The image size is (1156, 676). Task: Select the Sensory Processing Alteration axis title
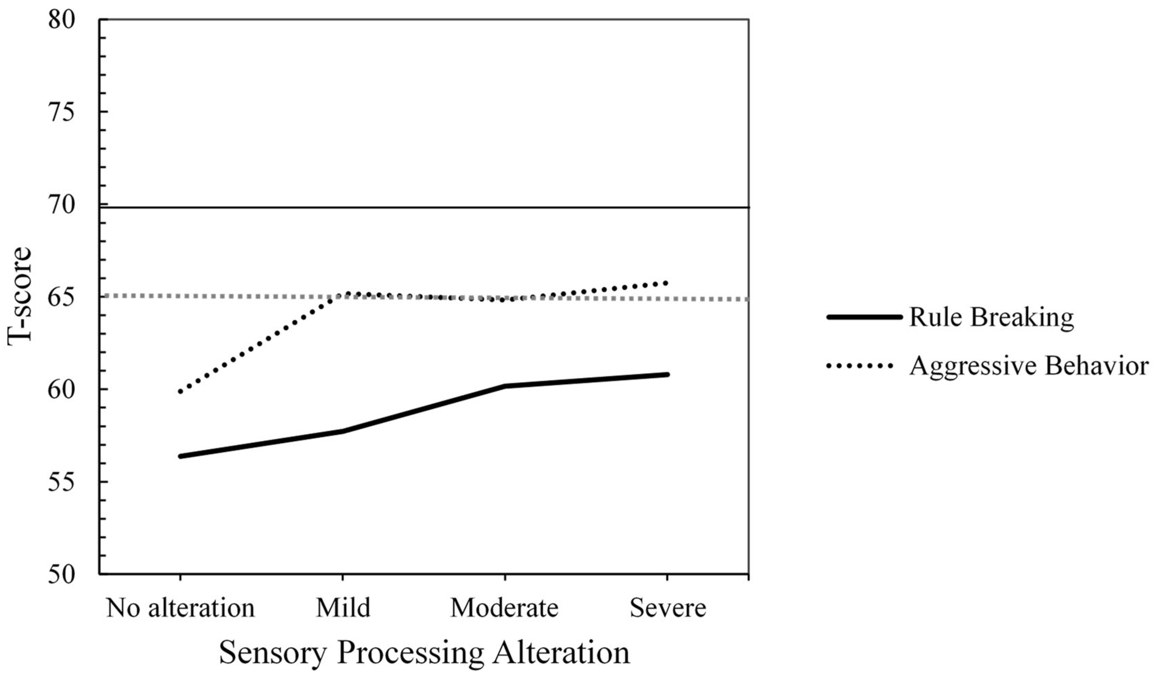tap(424, 652)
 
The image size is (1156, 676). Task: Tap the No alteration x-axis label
tap(180, 608)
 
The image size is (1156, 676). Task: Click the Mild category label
tap(343, 608)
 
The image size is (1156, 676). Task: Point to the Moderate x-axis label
tap(505, 608)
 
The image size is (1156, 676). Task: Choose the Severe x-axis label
tap(668, 608)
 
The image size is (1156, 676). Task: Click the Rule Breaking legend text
tap(991, 317)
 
